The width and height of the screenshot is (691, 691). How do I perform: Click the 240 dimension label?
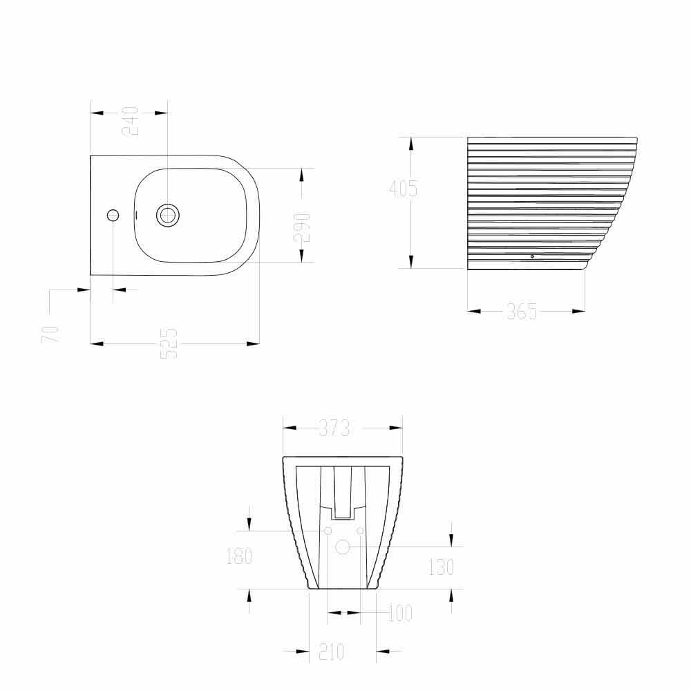pos(131,121)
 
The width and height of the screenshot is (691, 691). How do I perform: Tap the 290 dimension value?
pos(302,227)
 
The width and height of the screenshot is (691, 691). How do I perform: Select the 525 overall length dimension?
pos(169,343)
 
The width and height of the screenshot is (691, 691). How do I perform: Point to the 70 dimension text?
pos(50,334)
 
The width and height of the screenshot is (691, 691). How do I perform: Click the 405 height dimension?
pos(403,189)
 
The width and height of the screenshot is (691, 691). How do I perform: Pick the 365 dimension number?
pos(522,311)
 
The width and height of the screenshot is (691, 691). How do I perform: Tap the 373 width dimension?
pos(334,428)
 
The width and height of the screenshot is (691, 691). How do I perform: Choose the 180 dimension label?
pos(239,556)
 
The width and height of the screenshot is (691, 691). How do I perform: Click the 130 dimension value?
pos(441,567)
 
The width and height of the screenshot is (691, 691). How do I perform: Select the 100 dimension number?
pos(399,613)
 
